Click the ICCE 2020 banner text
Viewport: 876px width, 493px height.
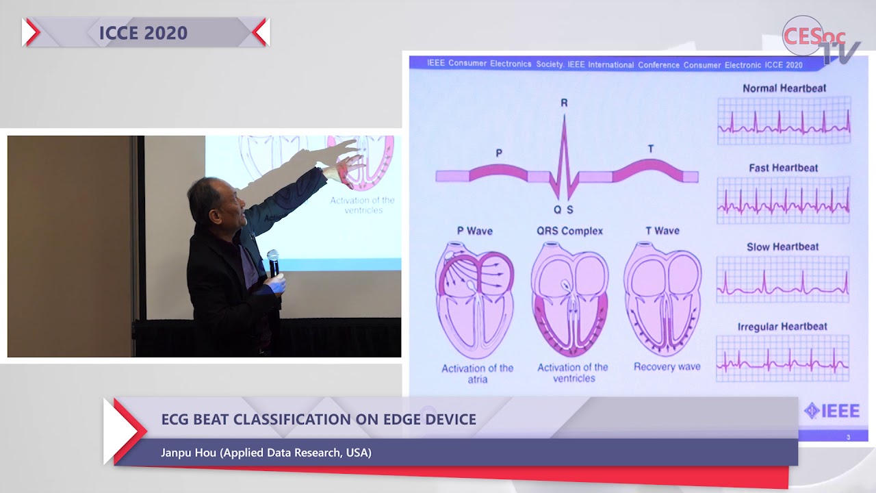(143, 33)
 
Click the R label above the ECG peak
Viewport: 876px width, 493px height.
(564, 103)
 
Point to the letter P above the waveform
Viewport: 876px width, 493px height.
(499, 153)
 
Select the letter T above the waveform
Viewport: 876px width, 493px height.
(650, 149)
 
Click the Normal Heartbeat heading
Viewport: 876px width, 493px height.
(784, 88)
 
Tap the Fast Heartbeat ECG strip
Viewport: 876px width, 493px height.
(784, 200)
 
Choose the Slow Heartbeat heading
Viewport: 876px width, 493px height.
(782, 246)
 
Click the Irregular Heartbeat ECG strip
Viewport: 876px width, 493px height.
(783, 358)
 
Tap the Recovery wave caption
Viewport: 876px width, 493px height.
(667, 367)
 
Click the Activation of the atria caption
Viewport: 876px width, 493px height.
(477, 373)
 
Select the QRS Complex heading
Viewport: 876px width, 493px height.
(569, 231)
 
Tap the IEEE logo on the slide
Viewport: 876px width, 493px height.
(832, 410)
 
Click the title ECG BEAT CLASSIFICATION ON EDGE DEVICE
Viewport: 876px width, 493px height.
(318, 419)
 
